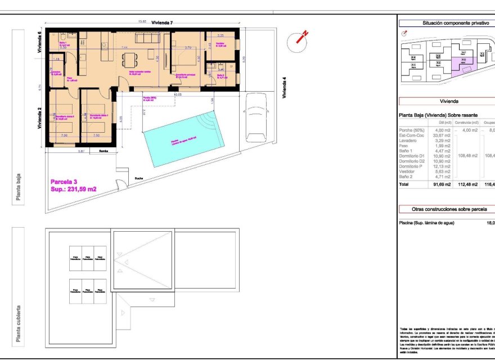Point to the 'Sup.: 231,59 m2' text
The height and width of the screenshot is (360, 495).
tap(74, 190)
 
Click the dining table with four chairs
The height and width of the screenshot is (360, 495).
tap(129, 60)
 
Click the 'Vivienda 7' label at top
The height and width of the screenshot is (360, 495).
tap(161, 22)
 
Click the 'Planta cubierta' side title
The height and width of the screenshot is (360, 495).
tap(19, 323)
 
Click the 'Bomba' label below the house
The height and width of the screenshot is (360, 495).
tap(103, 151)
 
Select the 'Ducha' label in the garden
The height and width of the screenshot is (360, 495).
tap(138, 179)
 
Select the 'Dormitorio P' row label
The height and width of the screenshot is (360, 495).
tap(412, 166)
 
